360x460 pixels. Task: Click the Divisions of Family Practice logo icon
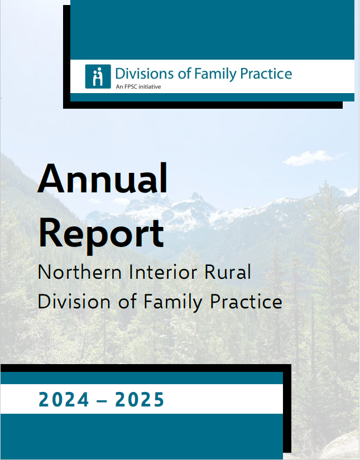[98, 76]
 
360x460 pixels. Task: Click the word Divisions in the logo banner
[144, 74]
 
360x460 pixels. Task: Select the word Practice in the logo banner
[266, 74]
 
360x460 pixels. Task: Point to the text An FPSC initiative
[138, 87]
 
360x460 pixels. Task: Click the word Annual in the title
[103, 178]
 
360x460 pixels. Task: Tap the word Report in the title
[101, 234]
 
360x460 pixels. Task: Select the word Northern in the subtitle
[80, 272]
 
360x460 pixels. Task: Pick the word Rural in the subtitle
[228, 272]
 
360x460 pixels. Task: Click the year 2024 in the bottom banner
[64, 400]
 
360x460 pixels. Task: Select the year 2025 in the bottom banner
[140, 400]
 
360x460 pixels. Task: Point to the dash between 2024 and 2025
[102, 401]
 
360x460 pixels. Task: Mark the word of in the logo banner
[184, 74]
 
